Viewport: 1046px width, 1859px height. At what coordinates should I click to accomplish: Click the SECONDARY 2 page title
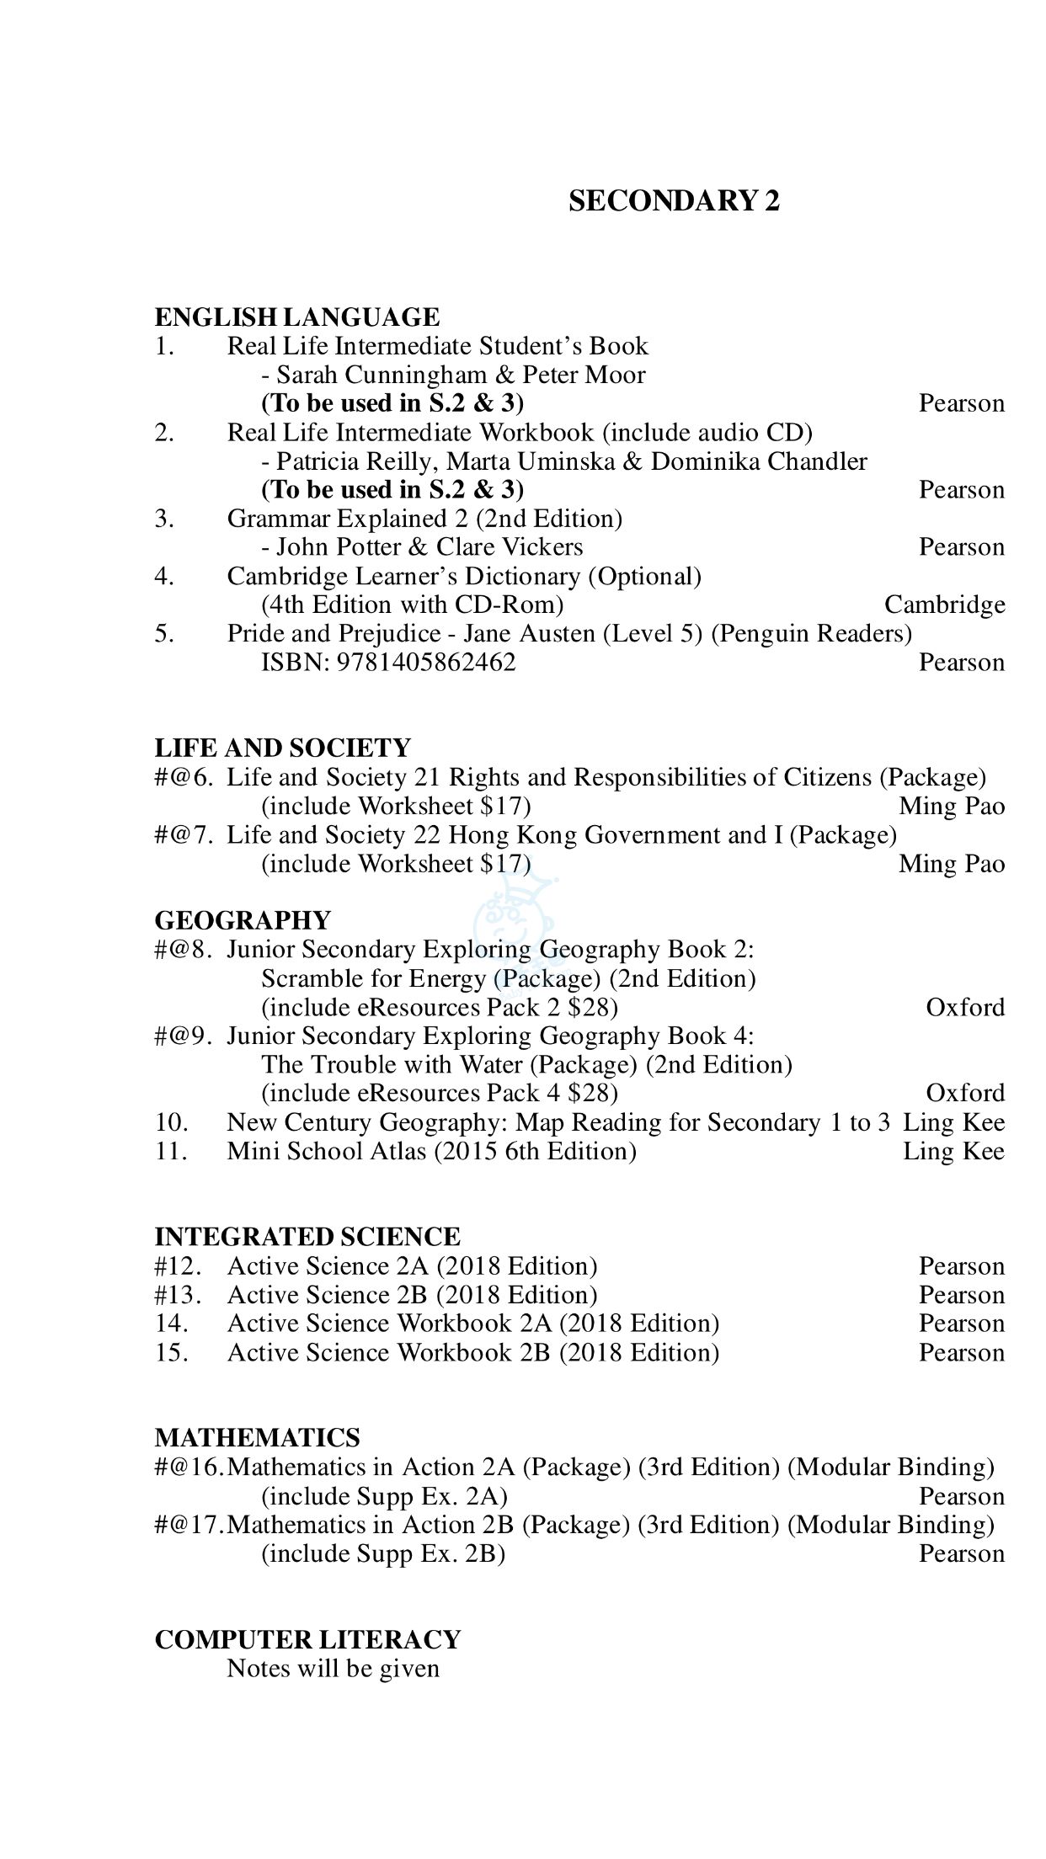[674, 201]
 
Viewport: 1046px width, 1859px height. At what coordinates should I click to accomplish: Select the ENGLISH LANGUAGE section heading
[296, 317]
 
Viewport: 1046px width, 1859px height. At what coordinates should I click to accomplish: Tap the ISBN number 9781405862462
[425, 663]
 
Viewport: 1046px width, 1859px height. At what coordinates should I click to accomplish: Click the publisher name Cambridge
[944, 605]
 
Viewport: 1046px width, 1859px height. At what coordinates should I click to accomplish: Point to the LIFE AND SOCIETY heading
[282, 748]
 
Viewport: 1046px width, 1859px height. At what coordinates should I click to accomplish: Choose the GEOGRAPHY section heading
[243, 919]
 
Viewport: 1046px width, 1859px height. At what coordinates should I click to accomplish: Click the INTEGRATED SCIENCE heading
[307, 1237]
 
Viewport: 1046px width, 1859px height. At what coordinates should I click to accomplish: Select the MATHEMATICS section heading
[257, 1437]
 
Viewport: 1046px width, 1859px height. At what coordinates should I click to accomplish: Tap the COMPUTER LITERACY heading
[307, 1639]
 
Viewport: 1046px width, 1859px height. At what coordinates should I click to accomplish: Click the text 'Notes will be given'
[333, 1669]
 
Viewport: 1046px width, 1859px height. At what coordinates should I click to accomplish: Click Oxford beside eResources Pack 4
[965, 1093]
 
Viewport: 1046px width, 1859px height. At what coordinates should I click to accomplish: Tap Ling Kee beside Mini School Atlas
[953, 1151]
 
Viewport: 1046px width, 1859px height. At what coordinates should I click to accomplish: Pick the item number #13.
[178, 1295]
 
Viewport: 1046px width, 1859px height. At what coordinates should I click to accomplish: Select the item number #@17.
[189, 1525]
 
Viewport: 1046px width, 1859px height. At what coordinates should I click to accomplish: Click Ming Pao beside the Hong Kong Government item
[952, 864]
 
